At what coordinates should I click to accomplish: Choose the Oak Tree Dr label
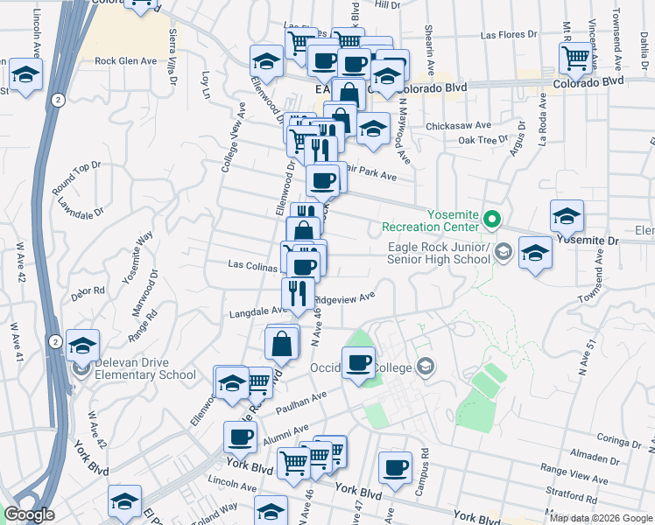point(482,140)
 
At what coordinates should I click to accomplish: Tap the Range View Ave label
point(574,479)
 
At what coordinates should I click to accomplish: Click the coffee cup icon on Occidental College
point(358,362)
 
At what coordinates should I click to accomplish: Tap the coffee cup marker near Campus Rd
point(395,465)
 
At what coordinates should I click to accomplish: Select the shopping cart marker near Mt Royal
point(575,57)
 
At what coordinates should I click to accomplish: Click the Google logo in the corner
point(29,514)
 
